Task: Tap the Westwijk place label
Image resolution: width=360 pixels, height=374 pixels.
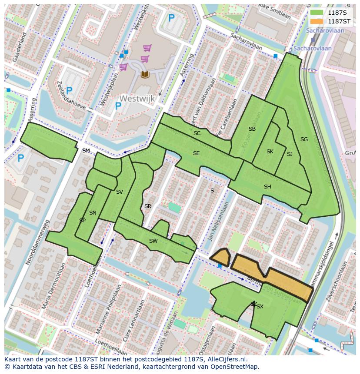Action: (x=137, y=99)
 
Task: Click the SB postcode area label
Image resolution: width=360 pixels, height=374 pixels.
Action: (x=252, y=129)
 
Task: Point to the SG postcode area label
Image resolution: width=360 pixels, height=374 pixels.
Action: (x=304, y=139)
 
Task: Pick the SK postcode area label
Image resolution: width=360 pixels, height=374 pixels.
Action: (x=270, y=152)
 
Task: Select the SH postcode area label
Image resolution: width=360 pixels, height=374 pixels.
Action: (x=267, y=187)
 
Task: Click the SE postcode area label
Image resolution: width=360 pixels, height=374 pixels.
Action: (x=197, y=153)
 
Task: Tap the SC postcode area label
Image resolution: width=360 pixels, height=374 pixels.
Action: (x=197, y=133)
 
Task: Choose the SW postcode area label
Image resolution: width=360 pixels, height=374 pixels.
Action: (x=153, y=241)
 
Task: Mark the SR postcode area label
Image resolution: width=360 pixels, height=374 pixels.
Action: (x=148, y=206)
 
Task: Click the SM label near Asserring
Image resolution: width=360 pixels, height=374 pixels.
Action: (x=86, y=151)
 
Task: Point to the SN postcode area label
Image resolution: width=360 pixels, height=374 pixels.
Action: (x=93, y=213)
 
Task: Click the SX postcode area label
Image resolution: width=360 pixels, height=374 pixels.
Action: (x=260, y=307)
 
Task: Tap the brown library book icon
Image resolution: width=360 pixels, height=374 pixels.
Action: (x=145, y=74)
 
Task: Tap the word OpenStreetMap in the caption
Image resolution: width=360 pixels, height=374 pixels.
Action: (x=235, y=367)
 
